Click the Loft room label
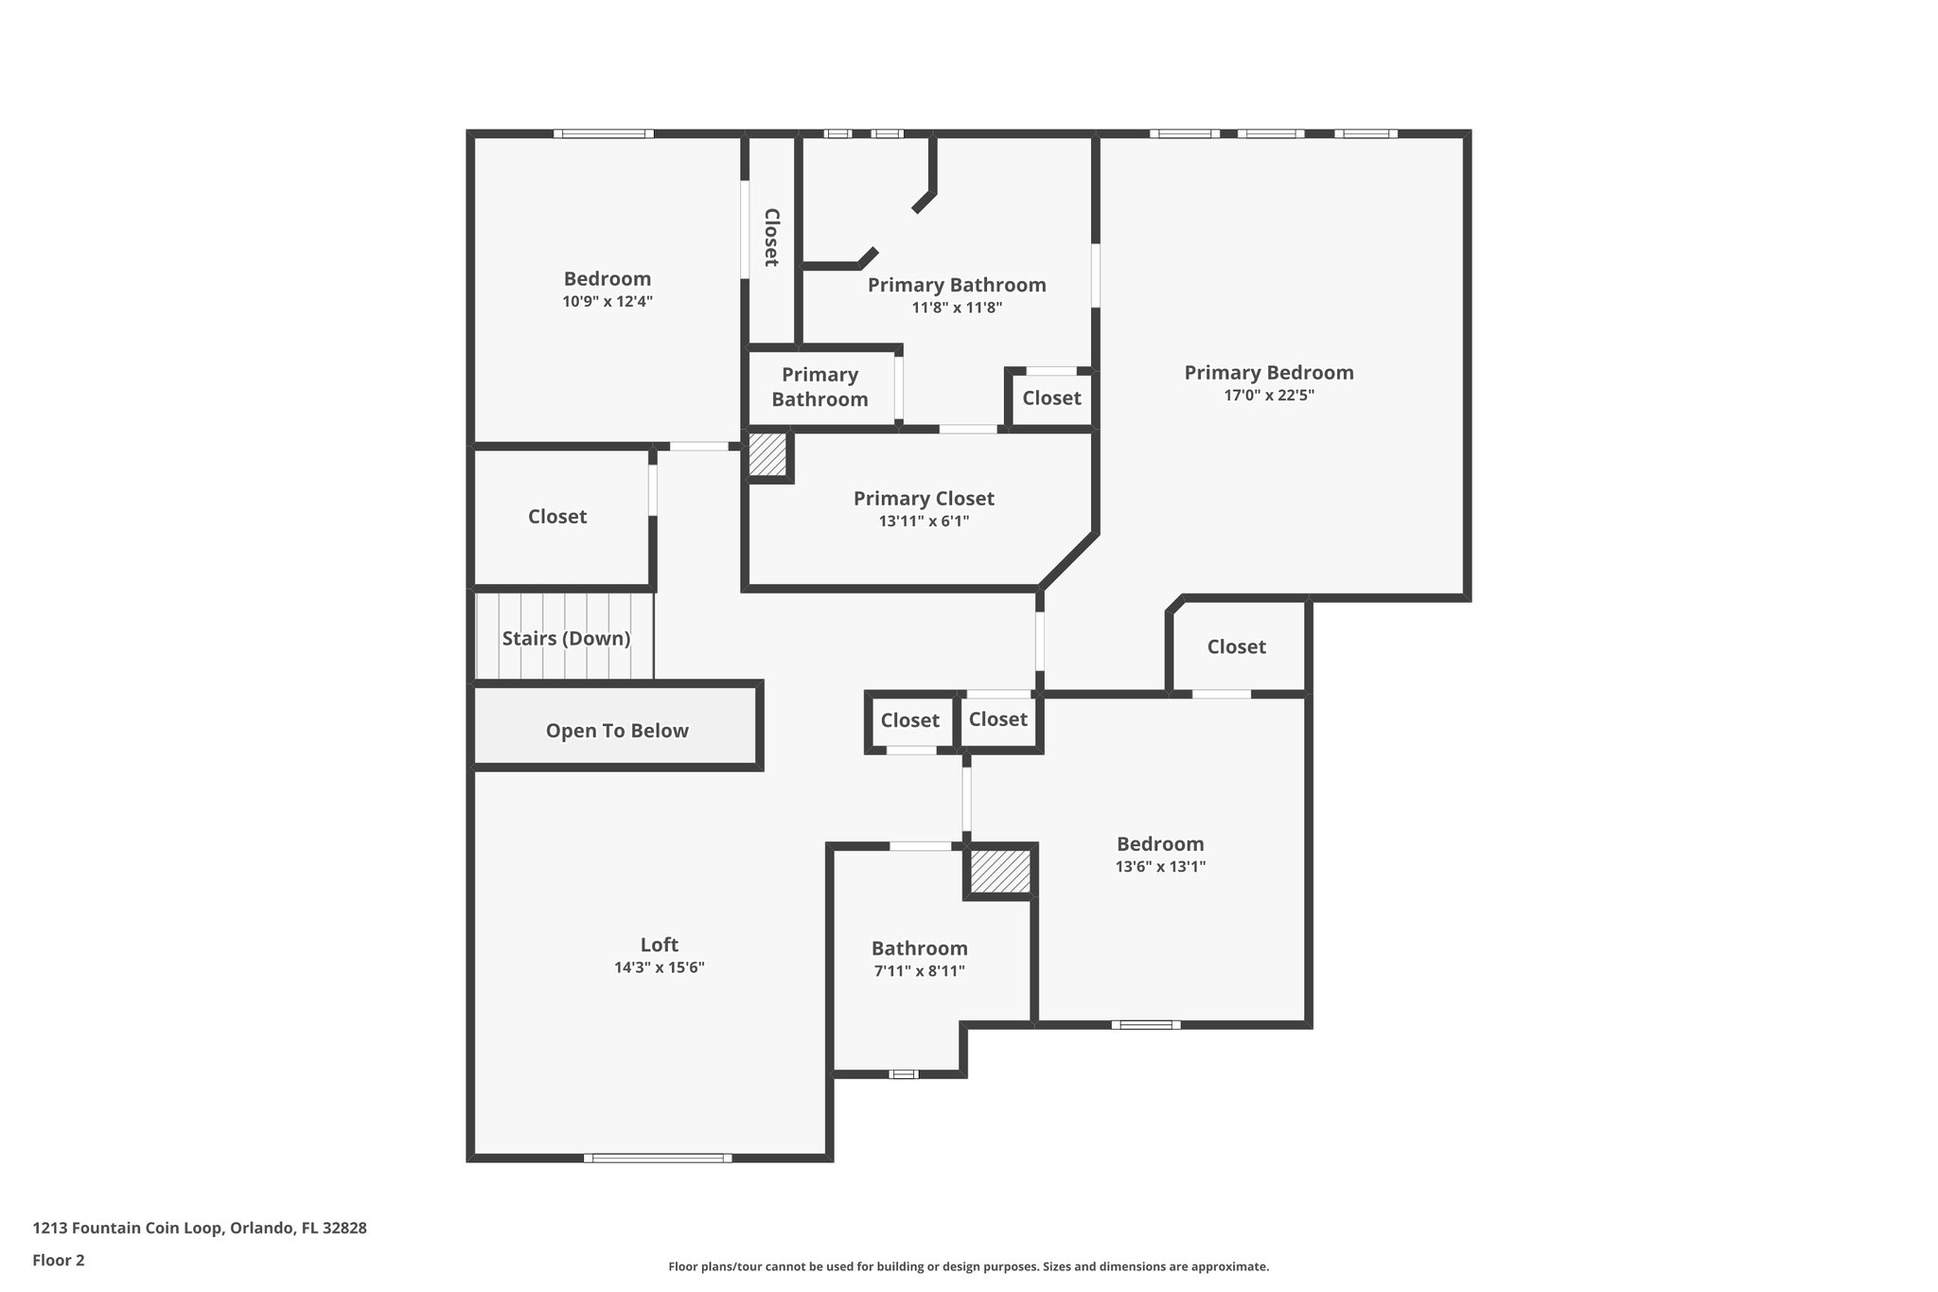tap(659, 945)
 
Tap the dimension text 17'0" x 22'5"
tap(1269, 396)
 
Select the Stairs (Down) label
tap(566, 638)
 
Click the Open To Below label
tap(617, 731)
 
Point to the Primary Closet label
tap(924, 499)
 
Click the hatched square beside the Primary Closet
tap(767, 455)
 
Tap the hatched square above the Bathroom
tap(1000, 871)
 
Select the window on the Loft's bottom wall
tap(658, 1158)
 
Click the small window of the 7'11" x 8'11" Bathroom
tap(904, 1074)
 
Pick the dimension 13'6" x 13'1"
tap(1160, 866)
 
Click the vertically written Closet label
tap(771, 238)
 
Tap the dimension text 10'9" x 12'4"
tap(608, 302)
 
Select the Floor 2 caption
tap(59, 1260)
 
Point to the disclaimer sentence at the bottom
tap(968, 1266)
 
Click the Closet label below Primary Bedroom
tap(1236, 646)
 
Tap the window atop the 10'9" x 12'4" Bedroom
tap(604, 133)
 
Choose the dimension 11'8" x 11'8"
tap(957, 308)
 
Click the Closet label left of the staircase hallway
tap(557, 517)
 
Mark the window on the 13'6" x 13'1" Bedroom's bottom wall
tap(1146, 1024)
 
